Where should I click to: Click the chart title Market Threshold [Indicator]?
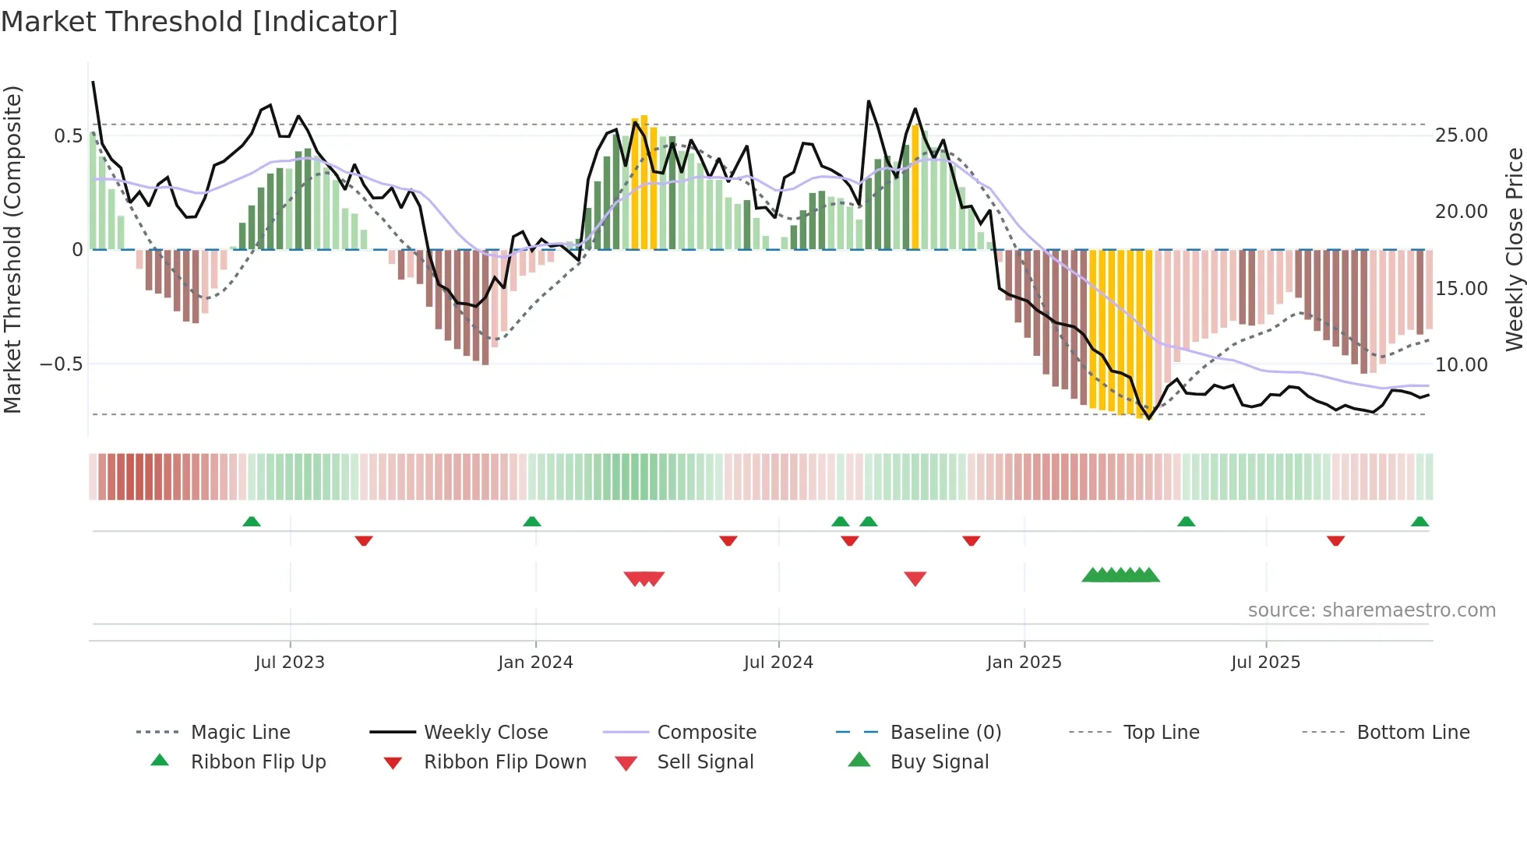(x=199, y=22)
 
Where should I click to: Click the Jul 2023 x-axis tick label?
(x=290, y=663)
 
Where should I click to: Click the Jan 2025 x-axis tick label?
(x=1024, y=663)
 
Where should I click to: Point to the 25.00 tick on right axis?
(x=1462, y=135)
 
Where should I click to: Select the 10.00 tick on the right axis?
(x=1462, y=364)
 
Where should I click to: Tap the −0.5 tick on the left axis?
(x=61, y=364)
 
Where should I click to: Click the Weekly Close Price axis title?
(x=1514, y=249)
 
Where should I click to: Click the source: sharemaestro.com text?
(x=1371, y=610)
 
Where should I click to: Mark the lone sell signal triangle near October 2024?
(x=915, y=578)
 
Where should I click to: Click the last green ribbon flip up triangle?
(x=1419, y=522)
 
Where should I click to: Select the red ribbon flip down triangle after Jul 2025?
(x=1335, y=540)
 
